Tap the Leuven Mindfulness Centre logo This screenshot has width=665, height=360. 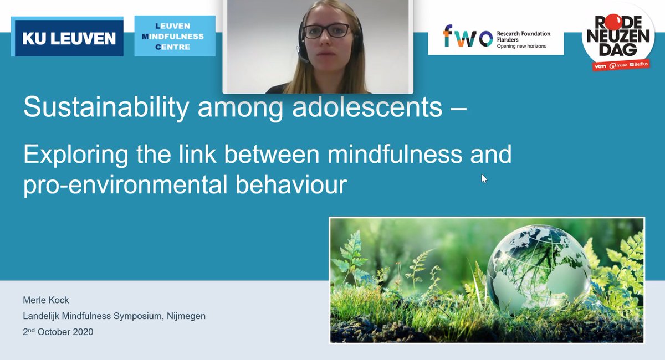click(175, 36)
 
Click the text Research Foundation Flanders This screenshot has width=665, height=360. click(523, 37)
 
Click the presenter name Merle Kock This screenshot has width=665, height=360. click(46, 300)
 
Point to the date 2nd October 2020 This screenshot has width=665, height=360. click(58, 332)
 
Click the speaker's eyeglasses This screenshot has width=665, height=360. click(328, 30)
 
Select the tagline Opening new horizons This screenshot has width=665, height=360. click(521, 47)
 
